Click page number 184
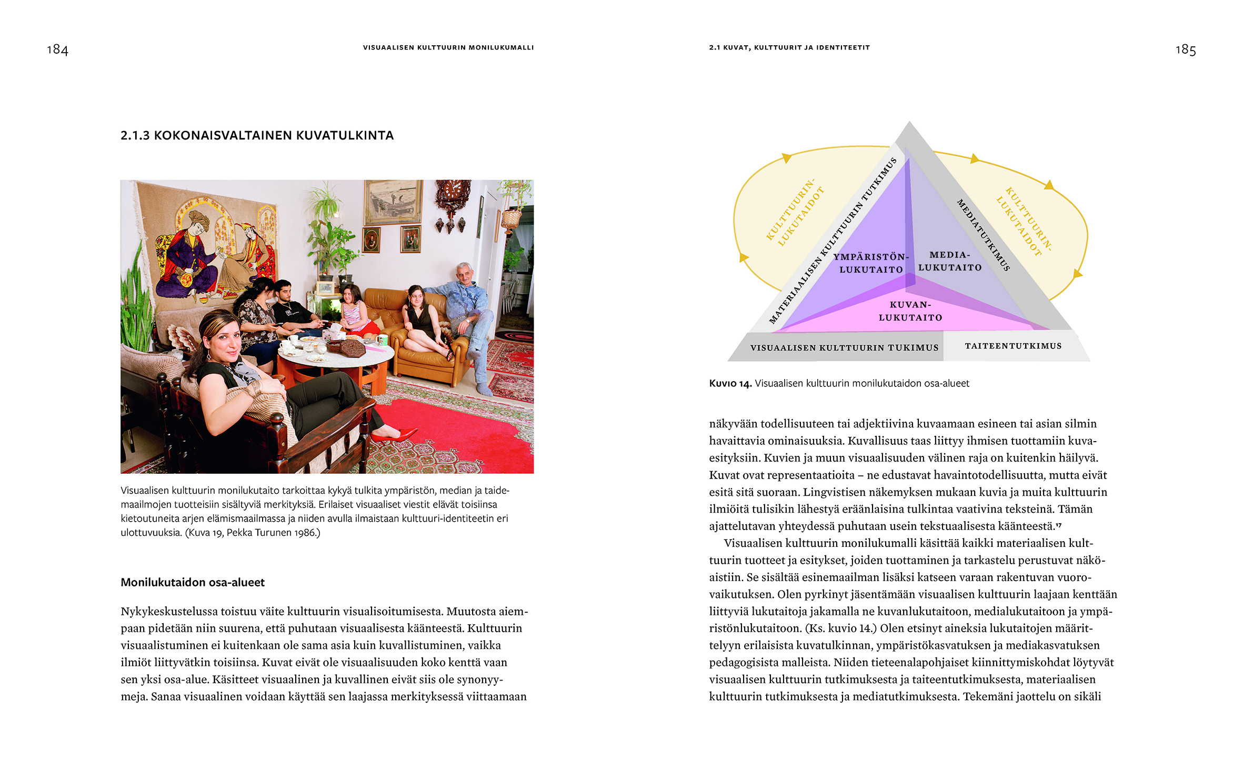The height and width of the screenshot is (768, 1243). click(x=57, y=49)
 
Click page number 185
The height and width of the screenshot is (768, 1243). click(x=1185, y=50)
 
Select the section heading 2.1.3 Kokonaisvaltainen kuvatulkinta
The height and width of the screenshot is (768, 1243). click(x=257, y=136)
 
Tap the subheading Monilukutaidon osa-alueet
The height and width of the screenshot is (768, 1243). click(x=193, y=582)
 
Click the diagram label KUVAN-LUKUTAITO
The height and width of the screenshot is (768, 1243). click(x=910, y=311)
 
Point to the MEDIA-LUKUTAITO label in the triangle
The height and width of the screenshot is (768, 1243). click(x=949, y=261)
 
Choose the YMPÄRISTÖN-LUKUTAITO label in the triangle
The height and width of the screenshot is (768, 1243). click(x=871, y=263)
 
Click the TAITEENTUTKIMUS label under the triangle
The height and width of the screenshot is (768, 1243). click(x=1013, y=346)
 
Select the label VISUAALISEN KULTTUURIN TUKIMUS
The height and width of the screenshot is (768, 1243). click(x=844, y=348)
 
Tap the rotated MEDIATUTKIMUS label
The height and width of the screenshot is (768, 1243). click(x=983, y=235)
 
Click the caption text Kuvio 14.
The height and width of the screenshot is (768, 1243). click(x=730, y=384)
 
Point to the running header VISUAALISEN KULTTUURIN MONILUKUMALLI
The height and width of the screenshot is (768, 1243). click(x=448, y=47)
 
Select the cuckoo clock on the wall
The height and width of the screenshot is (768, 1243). click(x=452, y=203)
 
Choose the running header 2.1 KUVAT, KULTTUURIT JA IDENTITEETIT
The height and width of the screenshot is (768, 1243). click(x=789, y=47)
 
